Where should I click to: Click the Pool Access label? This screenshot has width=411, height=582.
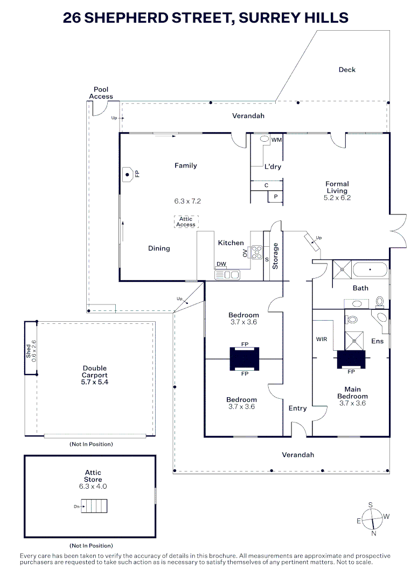[x=101, y=93]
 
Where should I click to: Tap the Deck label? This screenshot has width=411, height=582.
[x=347, y=70]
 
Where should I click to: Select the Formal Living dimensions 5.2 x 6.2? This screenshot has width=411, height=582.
[x=337, y=198]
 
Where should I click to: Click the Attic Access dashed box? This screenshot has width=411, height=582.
[x=186, y=221]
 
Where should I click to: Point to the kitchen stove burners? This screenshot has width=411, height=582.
[x=256, y=252]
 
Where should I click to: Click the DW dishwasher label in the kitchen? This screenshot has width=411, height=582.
[x=221, y=264]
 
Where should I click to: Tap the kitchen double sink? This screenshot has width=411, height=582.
[x=227, y=275]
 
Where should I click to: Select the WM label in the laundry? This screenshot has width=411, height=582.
[x=276, y=140]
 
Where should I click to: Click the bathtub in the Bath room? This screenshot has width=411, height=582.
[x=370, y=269]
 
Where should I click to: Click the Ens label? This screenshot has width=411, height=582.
[x=378, y=341]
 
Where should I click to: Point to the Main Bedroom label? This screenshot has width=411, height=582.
[x=353, y=393]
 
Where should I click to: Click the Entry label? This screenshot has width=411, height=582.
[x=297, y=408]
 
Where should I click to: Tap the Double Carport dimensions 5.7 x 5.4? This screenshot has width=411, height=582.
[x=94, y=382]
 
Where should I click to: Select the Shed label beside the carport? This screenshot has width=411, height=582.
[x=29, y=350]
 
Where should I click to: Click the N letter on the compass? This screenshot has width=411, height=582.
[x=374, y=533]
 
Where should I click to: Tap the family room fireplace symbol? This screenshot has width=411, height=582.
[x=128, y=174]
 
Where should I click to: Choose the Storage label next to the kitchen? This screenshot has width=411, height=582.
[x=275, y=256]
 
